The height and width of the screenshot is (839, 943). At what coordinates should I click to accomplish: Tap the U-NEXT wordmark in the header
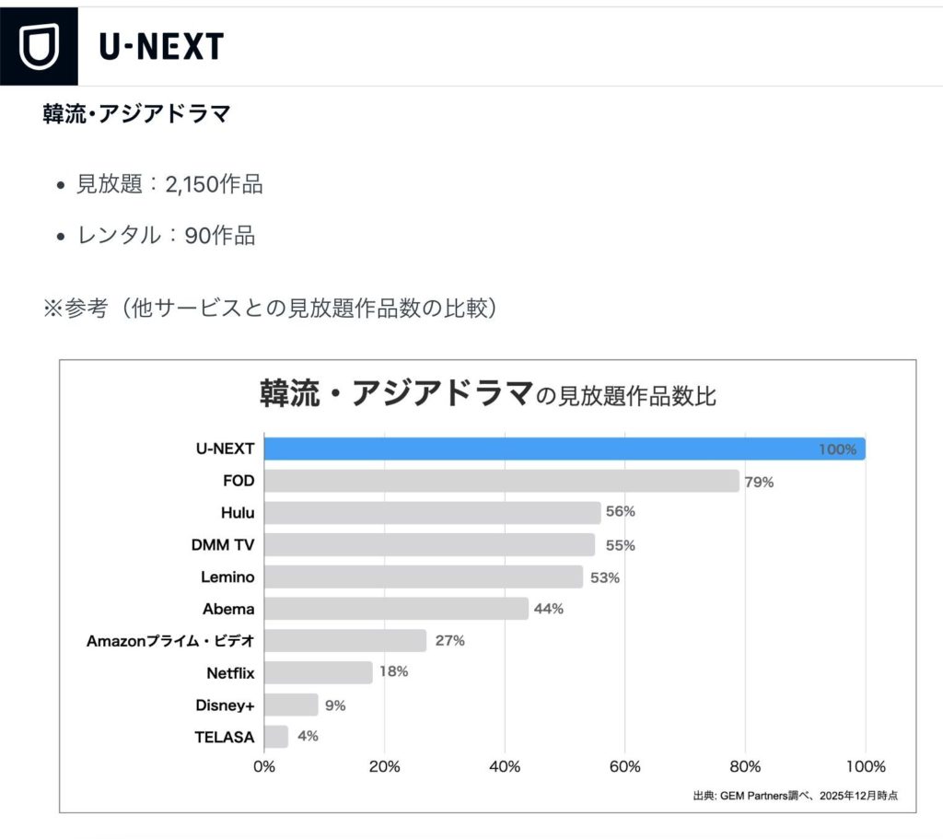[x=161, y=46]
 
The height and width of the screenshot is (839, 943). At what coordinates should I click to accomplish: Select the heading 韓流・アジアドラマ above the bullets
[x=136, y=115]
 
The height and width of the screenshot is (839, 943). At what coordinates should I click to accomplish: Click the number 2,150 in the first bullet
[x=188, y=184]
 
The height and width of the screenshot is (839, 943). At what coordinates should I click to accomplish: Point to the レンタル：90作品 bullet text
[x=166, y=235]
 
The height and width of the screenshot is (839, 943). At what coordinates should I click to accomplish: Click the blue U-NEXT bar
[x=564, y=449]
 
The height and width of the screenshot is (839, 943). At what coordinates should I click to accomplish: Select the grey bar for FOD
[x=501, y=481]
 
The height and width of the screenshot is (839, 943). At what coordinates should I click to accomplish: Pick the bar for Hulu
[x=432, y=513]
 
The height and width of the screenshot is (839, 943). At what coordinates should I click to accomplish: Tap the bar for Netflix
[x=318, y=672]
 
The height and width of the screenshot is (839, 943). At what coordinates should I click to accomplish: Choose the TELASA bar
[x=276, y=737]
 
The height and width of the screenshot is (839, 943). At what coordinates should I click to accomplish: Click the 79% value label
[x=760, y=482]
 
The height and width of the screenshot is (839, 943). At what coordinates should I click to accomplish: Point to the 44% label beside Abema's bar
[x=549, y=609]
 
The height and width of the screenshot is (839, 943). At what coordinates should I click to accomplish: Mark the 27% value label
[x=449, y=641]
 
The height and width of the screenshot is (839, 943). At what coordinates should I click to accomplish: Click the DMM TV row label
[x=223, y=545]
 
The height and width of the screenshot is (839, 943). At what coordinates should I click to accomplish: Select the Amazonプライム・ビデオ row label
[x=170, y=641]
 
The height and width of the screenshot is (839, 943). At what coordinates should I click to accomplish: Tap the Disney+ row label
[x=225, y=705]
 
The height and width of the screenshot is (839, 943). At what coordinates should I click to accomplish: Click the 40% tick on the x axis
[x=505, y=766]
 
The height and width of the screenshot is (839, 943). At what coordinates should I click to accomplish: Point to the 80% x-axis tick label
[x=745, y=766]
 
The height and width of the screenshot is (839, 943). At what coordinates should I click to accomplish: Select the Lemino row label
[x=227, y=577]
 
